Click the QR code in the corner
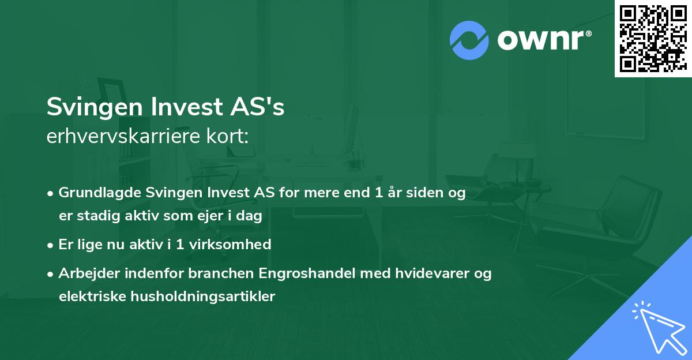tap(653, 38)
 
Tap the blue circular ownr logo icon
tap(469, 40)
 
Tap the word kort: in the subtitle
tap(230, 136)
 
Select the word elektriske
tap(86, 297)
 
